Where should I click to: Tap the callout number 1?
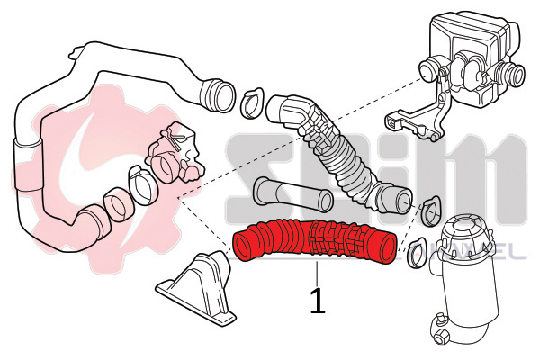317,300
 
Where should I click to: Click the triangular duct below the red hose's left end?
200,286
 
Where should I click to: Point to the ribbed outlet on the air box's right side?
514,75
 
